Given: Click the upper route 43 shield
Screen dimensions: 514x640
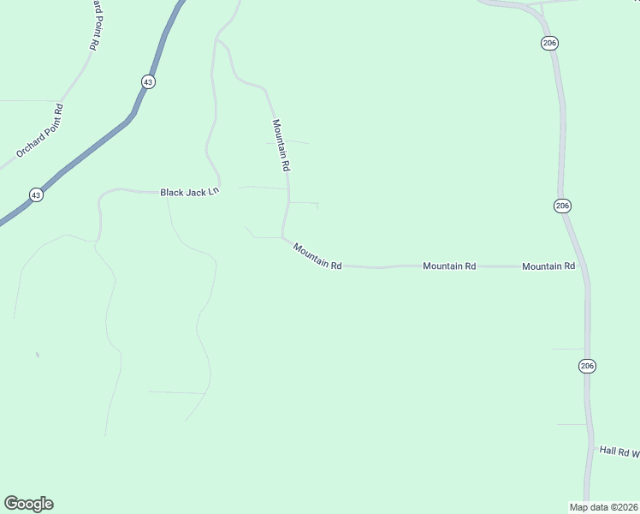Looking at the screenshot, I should coord(149,81).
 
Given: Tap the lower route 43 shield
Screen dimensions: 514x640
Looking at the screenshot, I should coord(35,195).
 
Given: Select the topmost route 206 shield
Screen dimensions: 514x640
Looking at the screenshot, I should coord(548,42).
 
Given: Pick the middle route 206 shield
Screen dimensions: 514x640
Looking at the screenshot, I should coord(562,206).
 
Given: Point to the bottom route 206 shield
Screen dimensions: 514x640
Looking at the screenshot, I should coord(586,366).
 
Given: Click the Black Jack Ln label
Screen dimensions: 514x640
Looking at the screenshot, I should coord(190,192).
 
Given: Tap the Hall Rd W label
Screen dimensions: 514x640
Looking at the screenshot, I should coord(619,451).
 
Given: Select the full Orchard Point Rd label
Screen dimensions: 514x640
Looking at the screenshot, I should coord(40,131).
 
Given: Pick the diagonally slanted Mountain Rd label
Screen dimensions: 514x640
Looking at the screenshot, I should coord(317,256).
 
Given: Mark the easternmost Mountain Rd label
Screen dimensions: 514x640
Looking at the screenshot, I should coord(548,266).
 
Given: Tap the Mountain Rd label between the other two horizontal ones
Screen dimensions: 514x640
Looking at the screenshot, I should coord(449,266).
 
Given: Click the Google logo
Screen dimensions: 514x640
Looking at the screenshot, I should coord(28,504).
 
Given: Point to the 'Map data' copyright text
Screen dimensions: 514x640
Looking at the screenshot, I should coord(602,506).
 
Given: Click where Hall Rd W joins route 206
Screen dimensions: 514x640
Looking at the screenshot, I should coord(591,448).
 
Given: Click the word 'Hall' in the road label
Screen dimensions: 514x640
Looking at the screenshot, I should coord(607,450).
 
